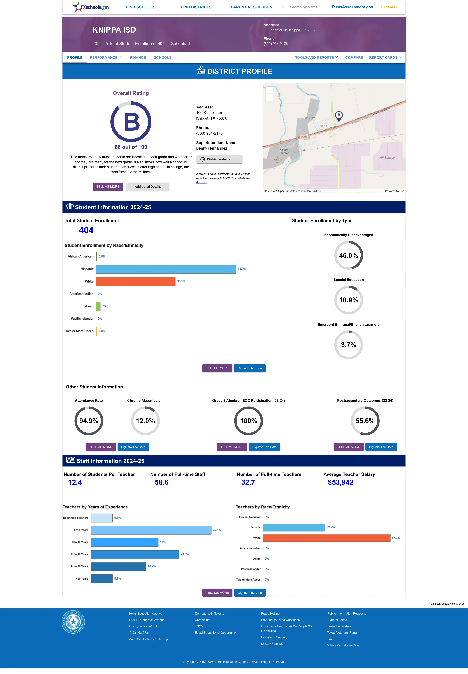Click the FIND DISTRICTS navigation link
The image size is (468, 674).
(x=196, y=7)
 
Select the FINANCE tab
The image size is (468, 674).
(x=138, y=57)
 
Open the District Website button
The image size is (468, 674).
(x=219, y=159)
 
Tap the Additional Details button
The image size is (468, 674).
(x=147, y=187)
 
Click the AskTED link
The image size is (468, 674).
(x=201, y=182)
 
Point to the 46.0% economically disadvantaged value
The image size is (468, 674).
(x=348, y=255)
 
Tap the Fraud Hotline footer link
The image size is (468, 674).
(x=270, y=613)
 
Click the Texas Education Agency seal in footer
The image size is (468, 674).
(x=73, y=622)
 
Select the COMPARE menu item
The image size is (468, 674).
(x=354, y=57)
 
